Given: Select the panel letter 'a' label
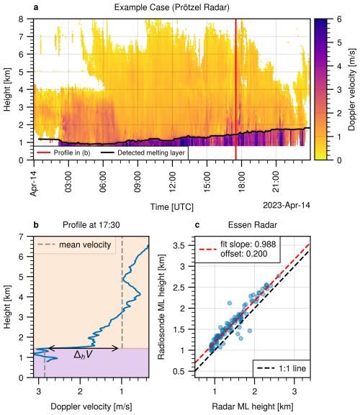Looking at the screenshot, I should (35, 6).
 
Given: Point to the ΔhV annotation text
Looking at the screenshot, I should (83, 355).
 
